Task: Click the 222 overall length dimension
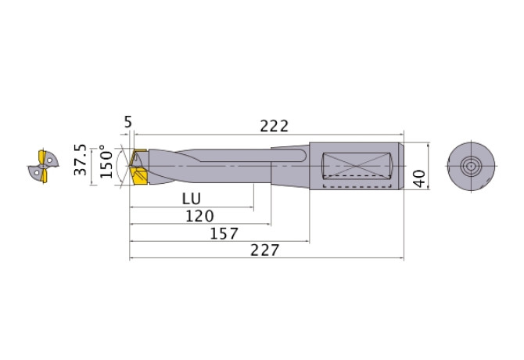pos(274,125)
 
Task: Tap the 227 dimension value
pos(267,250)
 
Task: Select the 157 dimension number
pos(225,233)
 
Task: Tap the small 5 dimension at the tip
pos(127,121)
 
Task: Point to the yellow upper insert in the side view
pos(140,154)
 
